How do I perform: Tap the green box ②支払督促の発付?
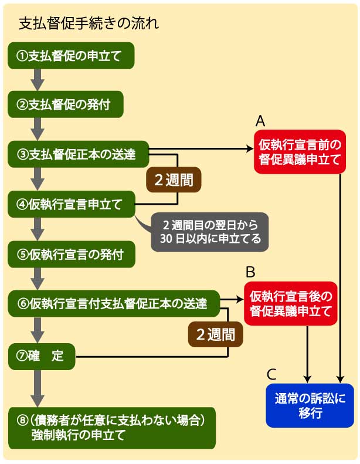(x=67, y=105)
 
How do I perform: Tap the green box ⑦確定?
(x=41, y=355)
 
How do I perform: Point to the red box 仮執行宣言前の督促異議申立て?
(x=298, y=151)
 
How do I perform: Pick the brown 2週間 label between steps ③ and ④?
(x=174, y=180)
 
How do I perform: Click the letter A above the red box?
(x=261, y=121)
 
